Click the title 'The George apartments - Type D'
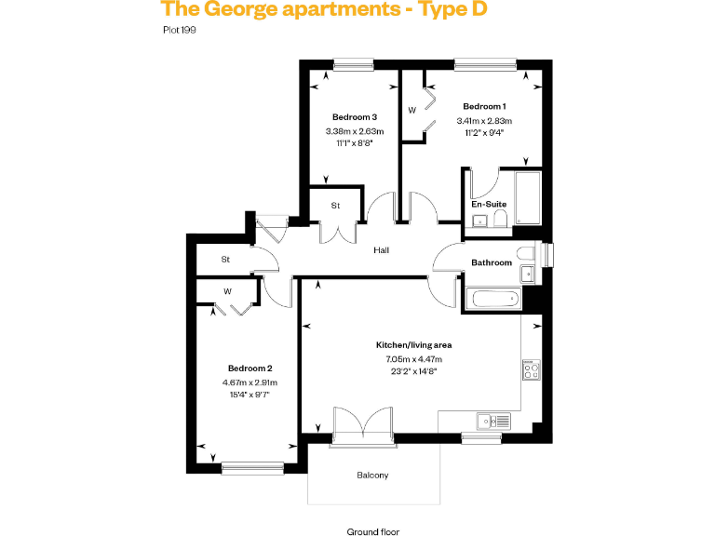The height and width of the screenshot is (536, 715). tap(323, 11)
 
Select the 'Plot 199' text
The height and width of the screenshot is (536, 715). tap(179, 30)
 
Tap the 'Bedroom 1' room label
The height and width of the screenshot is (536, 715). tap(484, 106)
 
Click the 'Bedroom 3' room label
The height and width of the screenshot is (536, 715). tap(355, 117)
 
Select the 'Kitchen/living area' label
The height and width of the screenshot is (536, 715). tap(412, 344)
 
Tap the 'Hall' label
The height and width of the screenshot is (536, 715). tap(382, 250)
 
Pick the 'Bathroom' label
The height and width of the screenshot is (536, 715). tap(492, 262)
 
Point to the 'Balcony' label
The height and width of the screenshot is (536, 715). tap(372, 476)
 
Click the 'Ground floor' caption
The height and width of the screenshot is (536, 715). tap(372, 532)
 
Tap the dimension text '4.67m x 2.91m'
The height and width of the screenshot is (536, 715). tap(250, 382)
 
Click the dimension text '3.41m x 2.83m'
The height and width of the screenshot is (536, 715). tap(484, 121)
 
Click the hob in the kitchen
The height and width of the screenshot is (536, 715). tap(532, 370)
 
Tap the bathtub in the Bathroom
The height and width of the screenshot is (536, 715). tap(493, 300)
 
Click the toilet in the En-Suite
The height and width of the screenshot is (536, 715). tap(501, 218)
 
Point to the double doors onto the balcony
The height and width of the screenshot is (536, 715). tap(362, 423)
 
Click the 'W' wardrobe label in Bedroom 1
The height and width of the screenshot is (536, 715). tap(411, 111)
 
